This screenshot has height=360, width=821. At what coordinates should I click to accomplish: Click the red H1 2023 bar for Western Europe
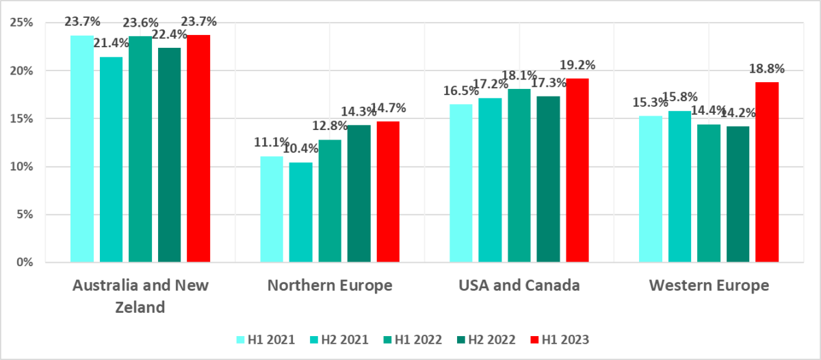pos(767,172)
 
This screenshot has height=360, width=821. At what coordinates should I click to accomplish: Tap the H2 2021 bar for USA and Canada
pos(490,180)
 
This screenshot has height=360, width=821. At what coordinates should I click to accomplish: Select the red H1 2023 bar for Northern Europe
pos(388,192)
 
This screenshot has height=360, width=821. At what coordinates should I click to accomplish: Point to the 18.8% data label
pos(766,69)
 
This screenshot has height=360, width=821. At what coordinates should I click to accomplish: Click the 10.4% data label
pos(301,149)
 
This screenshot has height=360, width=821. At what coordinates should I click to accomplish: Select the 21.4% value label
pos(112,44)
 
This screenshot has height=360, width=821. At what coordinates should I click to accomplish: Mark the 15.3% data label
pos(651,103)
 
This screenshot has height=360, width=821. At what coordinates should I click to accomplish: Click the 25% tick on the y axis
pos(24,23)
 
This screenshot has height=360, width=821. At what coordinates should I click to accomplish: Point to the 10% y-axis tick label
pos(24,166)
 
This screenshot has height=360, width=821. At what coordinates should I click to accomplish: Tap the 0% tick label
pos(27,262)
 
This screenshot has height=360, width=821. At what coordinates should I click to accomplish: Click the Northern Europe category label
pos(330,285)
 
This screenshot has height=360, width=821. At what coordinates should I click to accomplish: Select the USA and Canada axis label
pos(519,285)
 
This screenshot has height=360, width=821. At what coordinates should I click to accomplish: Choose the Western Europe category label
pos(708,285)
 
